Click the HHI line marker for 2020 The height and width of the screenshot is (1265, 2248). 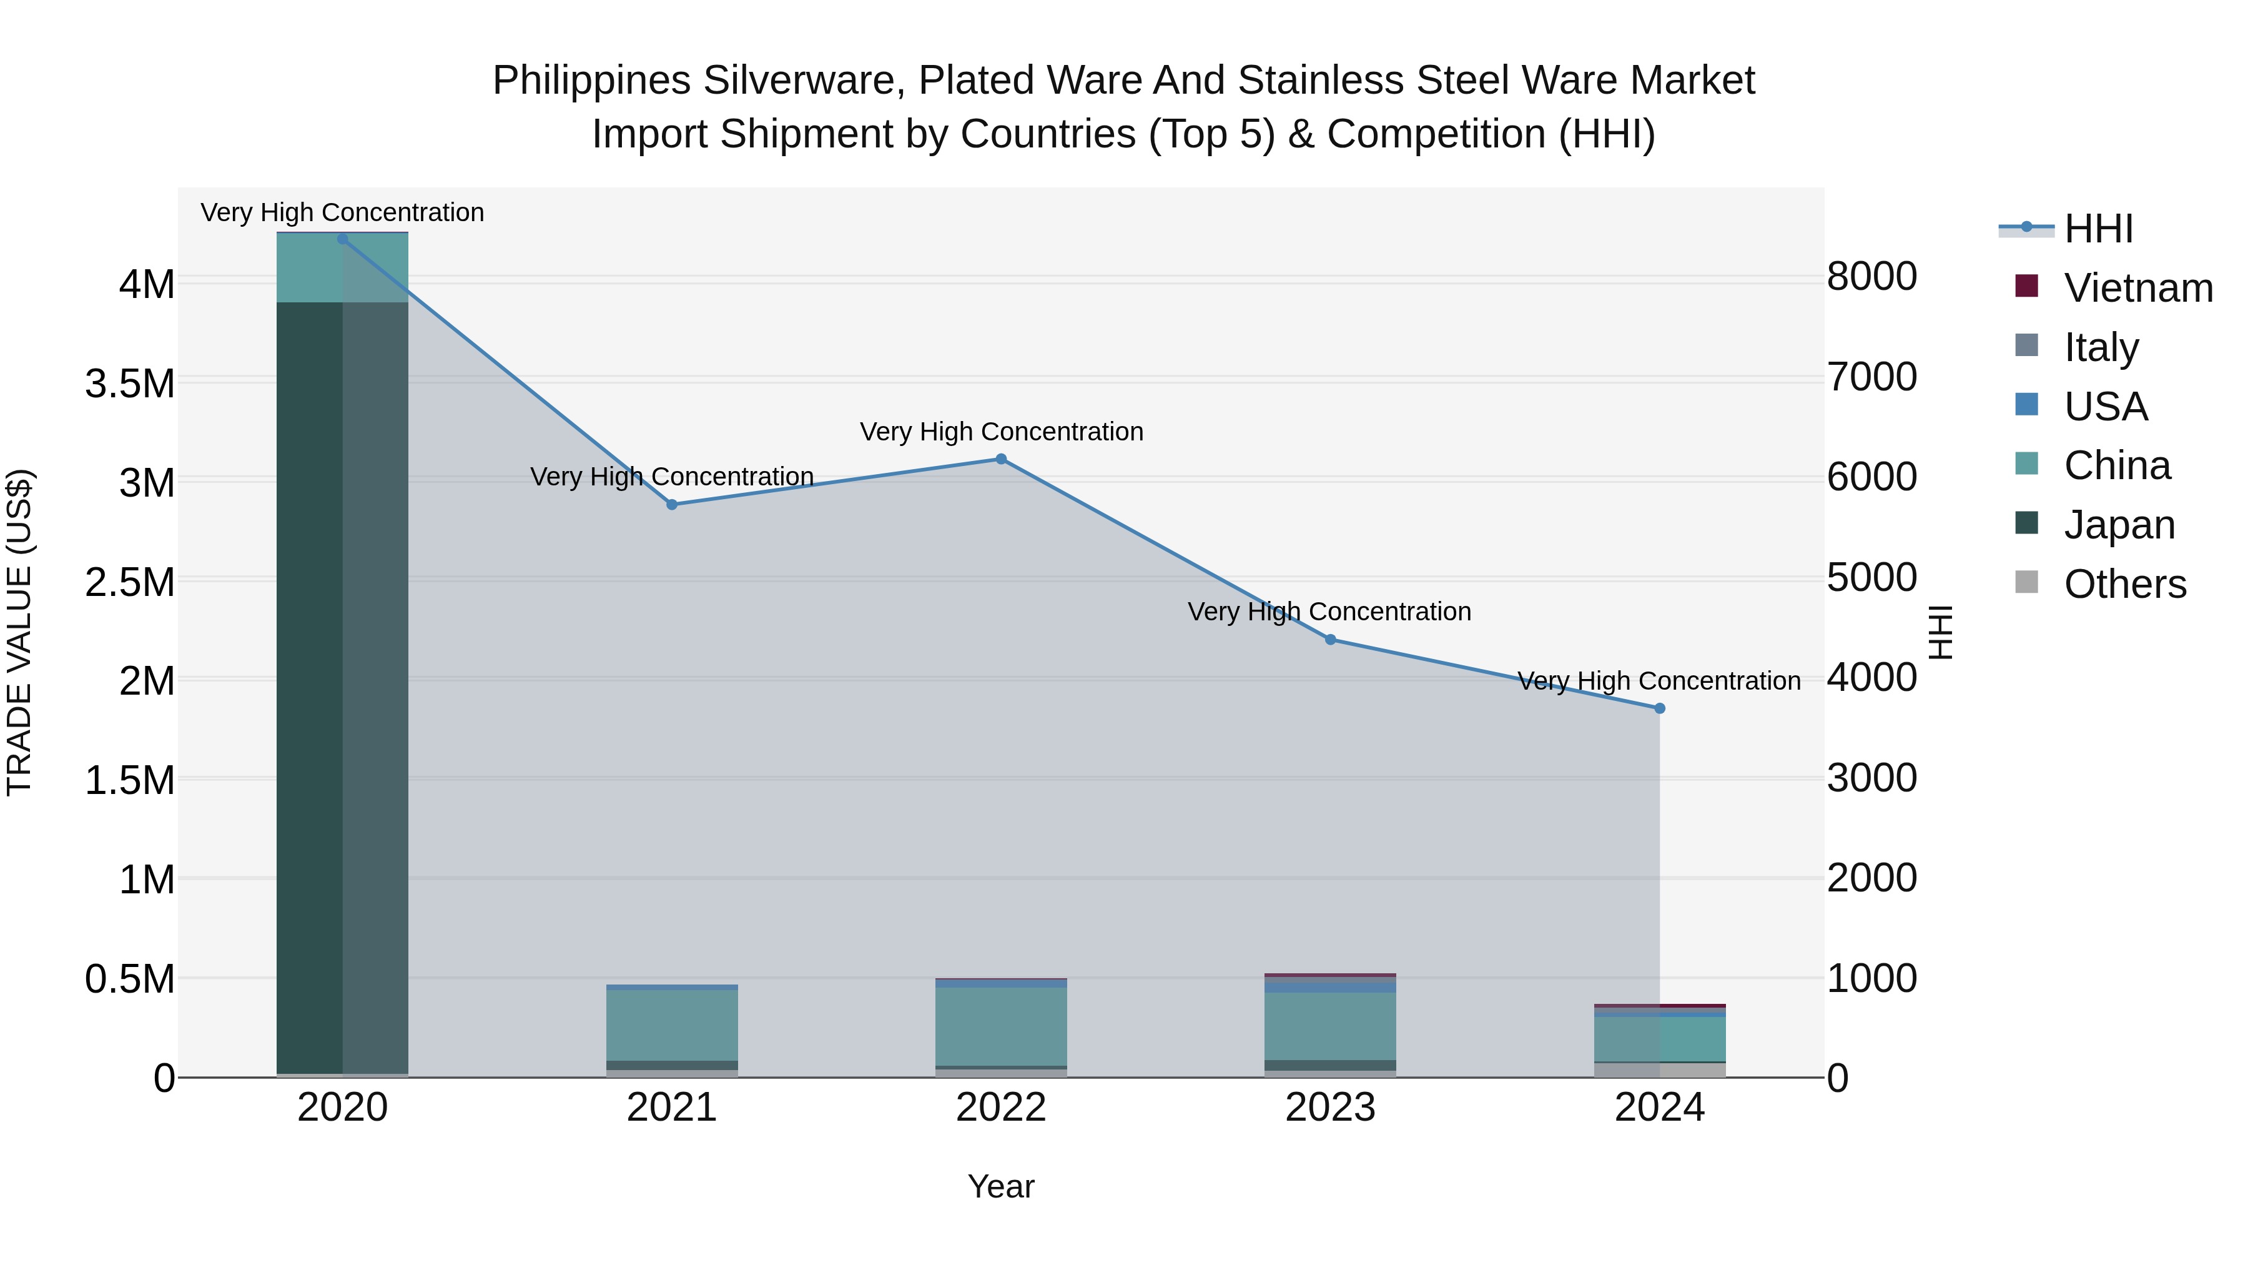(x=342, y=239)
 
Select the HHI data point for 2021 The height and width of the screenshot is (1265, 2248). (x=672, y=505)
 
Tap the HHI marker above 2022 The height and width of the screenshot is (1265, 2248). (x=1001, y=459)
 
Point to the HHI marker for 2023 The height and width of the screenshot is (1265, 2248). (x=1331, y=640)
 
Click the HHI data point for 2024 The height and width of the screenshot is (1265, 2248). (x=1660, y=709)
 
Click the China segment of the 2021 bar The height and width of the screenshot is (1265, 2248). (x=672, y=1025)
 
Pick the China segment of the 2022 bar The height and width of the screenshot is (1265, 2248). (x=1001, y=1026)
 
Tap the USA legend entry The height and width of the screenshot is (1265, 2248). (x=2105, y=407)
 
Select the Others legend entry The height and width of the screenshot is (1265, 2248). (x=2124, y=584)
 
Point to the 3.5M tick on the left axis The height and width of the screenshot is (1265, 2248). (x=130, y=384)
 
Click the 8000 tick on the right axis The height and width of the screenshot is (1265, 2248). (x=1872, y=277)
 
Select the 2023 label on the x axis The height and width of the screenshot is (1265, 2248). (x=1330, y=1108)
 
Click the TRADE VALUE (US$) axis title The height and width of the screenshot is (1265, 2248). (x=19, y=632)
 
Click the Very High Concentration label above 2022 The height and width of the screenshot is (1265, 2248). (x=1001, y=432)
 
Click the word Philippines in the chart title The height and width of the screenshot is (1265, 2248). (x=592, y=81)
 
